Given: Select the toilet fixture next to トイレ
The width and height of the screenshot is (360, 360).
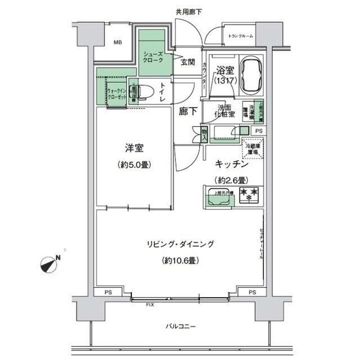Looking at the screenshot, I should (141, 92).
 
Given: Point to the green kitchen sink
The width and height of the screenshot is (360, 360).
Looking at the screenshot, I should (218, 199).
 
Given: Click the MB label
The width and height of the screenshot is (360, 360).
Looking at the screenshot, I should (117, 42).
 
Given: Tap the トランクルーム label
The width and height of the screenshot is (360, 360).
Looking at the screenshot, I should (240, 36).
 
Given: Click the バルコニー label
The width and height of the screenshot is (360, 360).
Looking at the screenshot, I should (181, 327).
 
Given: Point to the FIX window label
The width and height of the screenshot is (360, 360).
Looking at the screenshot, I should (149, 304).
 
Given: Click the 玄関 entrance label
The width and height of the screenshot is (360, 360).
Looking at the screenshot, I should (187, 61).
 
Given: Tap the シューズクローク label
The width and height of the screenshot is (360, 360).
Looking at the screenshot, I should (154, 57).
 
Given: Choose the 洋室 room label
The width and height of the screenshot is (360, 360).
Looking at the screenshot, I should (134, 148).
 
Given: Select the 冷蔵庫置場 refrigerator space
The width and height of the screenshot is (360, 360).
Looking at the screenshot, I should (252, 149).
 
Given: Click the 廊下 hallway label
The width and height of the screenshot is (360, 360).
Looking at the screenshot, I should (187, 112).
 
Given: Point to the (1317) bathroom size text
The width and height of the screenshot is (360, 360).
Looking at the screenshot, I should (222, 80).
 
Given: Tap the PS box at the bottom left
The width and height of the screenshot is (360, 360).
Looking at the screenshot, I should (108, 292).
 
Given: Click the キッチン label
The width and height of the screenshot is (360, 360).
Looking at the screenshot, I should (232, 163).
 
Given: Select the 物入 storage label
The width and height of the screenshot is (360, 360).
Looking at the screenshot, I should (204, 133).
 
